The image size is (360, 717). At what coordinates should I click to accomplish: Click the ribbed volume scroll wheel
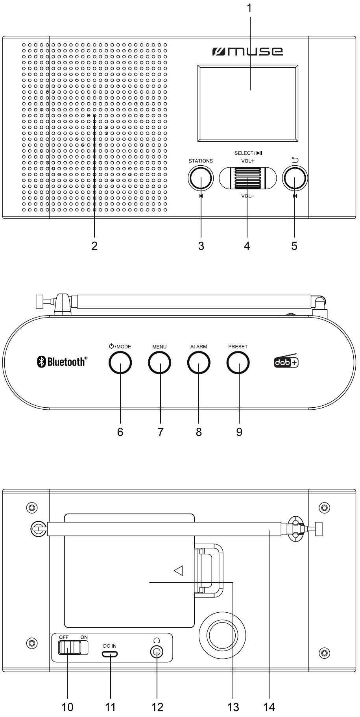tap(248, 178)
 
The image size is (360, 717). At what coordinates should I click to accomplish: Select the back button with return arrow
tap(295, 178)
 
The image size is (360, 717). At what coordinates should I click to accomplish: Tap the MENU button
tap(160, 362)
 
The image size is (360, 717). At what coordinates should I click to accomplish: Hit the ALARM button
tap(199, 362)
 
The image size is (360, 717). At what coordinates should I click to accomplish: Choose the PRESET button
tap(238, 362)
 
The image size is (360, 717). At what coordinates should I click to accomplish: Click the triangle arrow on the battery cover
tap(179, 570)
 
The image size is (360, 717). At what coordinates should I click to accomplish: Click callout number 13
tap(233, 707)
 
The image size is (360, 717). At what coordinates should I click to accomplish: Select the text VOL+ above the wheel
tap(248, 161)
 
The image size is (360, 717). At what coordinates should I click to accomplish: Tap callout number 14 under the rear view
tap(269, 707)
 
